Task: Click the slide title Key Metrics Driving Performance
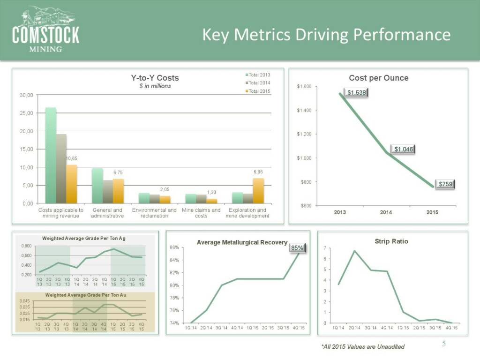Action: click(x=326, y=34)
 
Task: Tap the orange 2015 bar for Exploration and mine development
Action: click(x=258, y=190)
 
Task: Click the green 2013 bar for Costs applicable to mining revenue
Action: click(x=51, y=155)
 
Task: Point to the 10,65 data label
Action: click(x=71, y=158)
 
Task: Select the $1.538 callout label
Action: click(x=356, y=93)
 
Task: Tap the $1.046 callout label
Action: click(x=404, y=149)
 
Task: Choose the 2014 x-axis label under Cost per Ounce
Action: click(x=386, y=213)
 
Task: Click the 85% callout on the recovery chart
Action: click(x=297, y=248)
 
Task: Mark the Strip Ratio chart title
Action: click(x=391, y=241)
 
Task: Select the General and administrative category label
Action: click(x=107, y=213)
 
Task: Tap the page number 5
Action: click(x=444, y=345)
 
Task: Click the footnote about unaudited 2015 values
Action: click(x=363, y=346)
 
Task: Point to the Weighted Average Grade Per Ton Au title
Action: click(x=85, y=295)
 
